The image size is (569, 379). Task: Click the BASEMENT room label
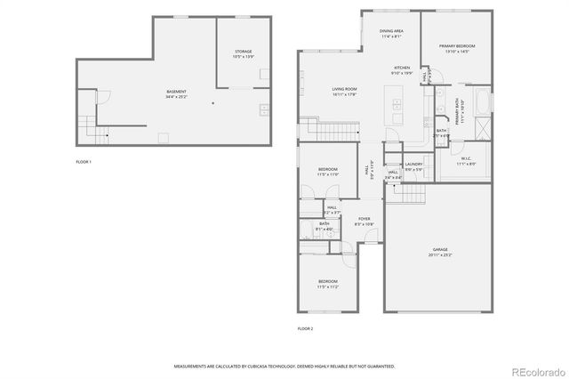(177, 92)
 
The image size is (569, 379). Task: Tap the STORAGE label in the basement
(243, 52)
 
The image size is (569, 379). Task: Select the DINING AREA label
(391, 31)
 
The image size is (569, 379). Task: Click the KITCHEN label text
(403, 68)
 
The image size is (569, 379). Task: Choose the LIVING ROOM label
(319, 89)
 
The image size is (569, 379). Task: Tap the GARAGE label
(439, 250)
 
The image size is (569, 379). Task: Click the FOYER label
(364, 219)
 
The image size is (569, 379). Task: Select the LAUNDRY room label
(413, 165)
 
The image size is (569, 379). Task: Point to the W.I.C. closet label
(467, 159)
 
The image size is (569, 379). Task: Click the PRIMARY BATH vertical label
(460, 114)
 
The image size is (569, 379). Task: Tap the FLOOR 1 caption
(84, 162)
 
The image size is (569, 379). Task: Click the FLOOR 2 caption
(305, 328)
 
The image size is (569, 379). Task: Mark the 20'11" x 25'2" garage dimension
(439, 255)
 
